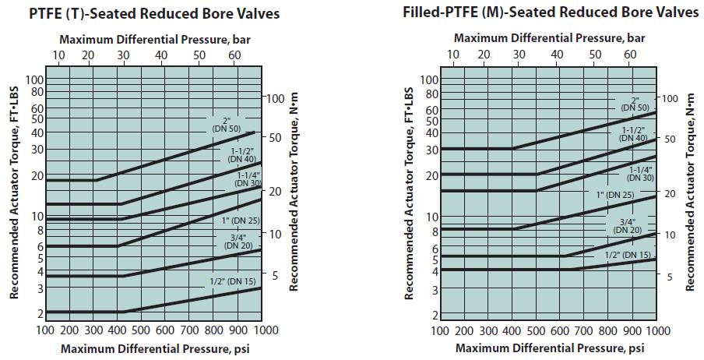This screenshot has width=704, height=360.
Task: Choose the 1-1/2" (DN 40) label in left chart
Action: pos(240,154)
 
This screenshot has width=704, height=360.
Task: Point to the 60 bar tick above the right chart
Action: pos(629,54)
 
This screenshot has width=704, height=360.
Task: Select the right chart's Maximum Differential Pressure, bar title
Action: pos(549,37)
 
